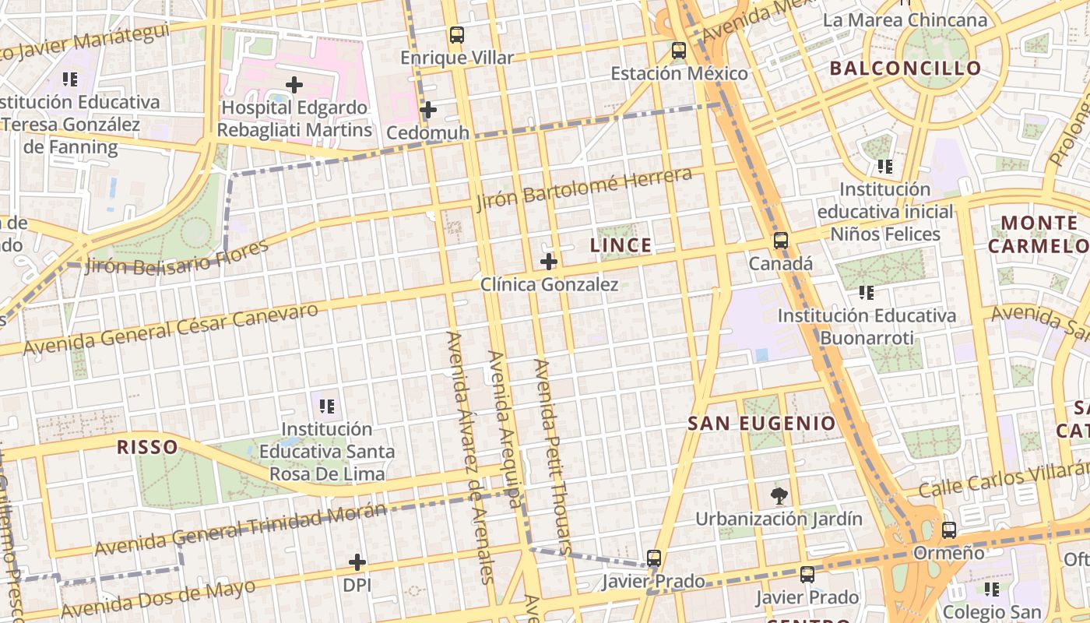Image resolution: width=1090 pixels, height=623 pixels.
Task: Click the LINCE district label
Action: click(621, 245)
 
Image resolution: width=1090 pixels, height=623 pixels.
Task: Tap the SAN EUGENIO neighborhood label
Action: click(762, 424)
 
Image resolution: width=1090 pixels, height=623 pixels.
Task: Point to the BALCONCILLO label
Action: click(905, 68)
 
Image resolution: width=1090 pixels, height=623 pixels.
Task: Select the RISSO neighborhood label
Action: click(147, 447)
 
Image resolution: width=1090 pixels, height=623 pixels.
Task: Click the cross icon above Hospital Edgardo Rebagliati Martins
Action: click(294, 84)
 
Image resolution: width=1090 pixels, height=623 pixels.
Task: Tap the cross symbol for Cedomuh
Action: click(427, 110)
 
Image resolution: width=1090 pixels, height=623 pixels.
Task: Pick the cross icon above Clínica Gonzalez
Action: click(549, 262)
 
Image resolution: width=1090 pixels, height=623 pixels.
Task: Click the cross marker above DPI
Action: click(357, 561)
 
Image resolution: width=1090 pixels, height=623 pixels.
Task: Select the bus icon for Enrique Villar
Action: click(457, 35)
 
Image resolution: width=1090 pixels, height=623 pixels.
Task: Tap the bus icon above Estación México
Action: click(679, 51)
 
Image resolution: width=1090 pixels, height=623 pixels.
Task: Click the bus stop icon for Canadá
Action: click(781, 241)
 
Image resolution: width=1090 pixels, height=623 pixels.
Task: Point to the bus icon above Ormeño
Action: click(949, 530)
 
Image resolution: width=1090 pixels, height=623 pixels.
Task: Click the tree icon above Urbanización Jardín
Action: click(778, 495)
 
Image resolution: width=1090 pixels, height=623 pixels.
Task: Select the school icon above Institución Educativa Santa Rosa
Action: click(327, 406)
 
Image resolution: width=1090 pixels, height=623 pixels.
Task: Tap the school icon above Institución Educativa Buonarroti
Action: click(866, 293)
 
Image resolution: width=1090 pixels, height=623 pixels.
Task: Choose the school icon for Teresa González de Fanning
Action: click(70, 79)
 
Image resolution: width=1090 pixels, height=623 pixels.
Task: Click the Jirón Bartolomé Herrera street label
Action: click(584, 188)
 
